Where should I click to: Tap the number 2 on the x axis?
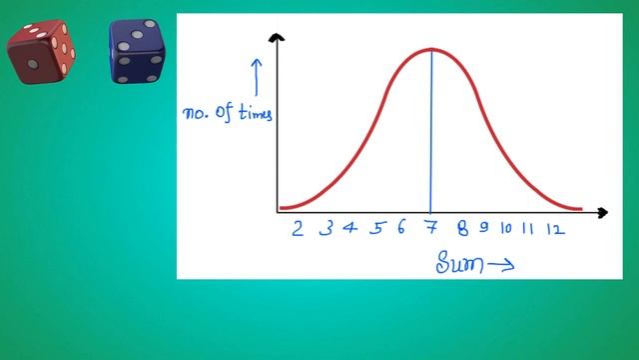click(x=298, y=229)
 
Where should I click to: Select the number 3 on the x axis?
click(x=325, y=229)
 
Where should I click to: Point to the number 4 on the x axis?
click(x=350, y=228)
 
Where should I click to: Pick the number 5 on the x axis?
click(x=376, y=228)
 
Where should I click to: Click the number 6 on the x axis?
click(x=400, y=228)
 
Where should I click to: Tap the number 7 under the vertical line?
click(x=431, y=228)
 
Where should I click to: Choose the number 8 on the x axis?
click(x=462, y=228)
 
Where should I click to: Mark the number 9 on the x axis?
click(x=483, y=228)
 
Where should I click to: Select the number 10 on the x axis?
click(x=506, y=228)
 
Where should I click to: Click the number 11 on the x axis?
click(x=528, y=228)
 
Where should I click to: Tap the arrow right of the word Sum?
click(x=501, y=265)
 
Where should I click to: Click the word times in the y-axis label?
click(x=253, y=113)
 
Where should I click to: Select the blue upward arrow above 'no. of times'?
click(x=256, y=76)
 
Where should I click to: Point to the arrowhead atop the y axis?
click(x=278, y=39)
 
